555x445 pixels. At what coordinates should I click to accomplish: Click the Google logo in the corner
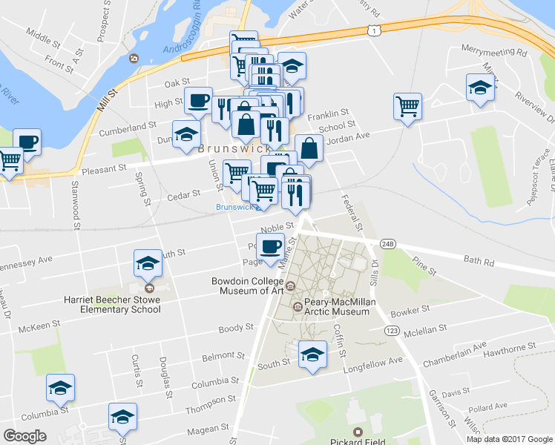(x=25, y=436)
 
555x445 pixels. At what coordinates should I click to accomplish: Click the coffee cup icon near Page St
(x=270, y=245)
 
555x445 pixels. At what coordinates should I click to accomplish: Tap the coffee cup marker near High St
(x=197, y=101)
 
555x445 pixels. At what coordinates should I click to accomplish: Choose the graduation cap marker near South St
(x=312, y=355)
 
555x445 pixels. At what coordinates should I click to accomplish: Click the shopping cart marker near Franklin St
(x=407, y=107)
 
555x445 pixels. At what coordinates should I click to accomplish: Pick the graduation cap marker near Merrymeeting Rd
(x=480, y=88)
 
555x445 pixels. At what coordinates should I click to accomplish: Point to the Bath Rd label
(x=479, y=262)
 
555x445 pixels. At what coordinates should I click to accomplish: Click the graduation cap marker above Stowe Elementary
(x=148, y=263)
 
